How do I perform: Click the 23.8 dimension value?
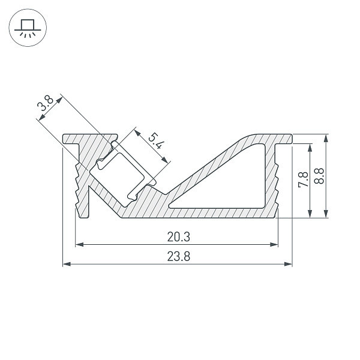coord(178,256)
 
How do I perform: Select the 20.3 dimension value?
coord(178,237)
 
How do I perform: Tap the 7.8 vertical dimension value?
coord(303,179)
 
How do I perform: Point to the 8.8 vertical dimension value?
coord(319,176)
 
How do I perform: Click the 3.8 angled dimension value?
coord(45,103)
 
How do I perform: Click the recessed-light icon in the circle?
coord(28,28)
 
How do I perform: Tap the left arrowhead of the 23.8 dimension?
coord(67,264)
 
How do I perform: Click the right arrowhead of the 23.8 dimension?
coord(288,264)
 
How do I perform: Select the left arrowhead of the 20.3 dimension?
coord(79,245)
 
